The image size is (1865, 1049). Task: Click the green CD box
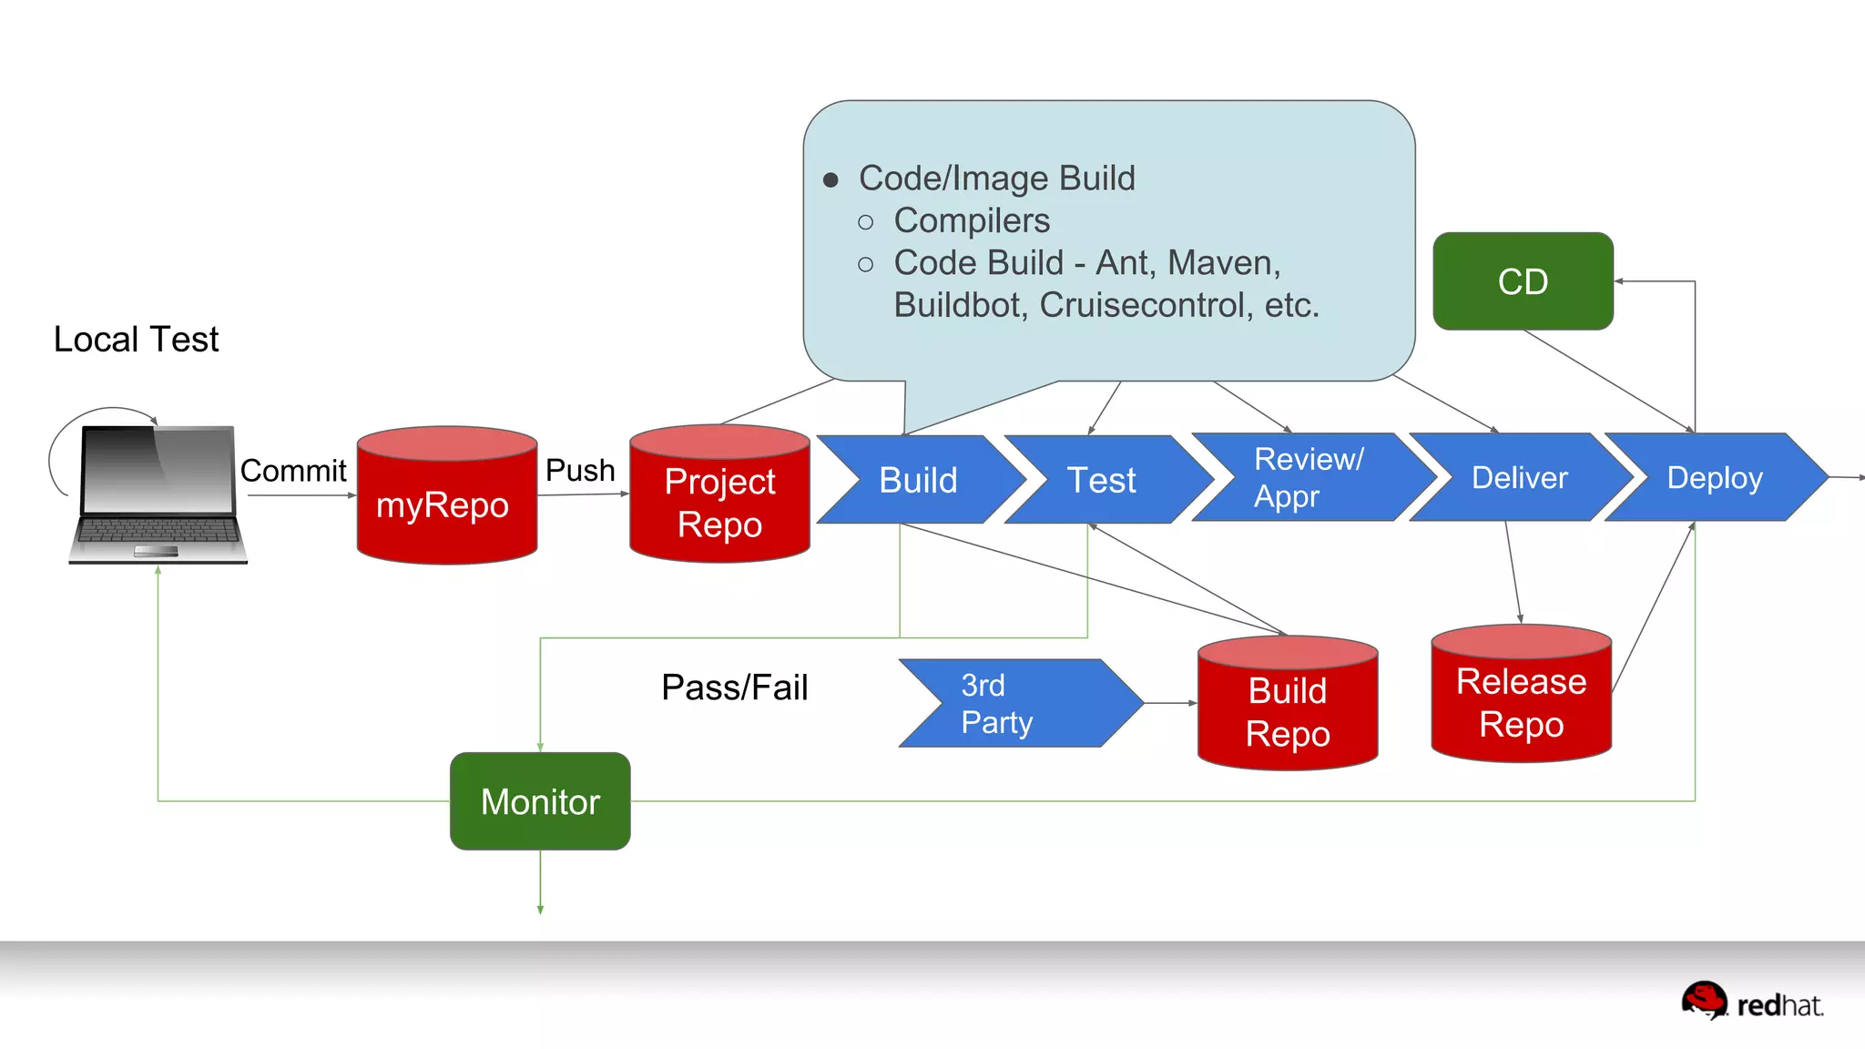[1523, 281]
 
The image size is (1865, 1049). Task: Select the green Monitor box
[540, 801]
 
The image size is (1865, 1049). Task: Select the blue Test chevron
[1103, 480]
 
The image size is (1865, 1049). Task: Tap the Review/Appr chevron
[1308, 478]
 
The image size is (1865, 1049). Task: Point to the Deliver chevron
[1519, 478]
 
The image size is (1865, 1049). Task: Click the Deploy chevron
[1714, 478]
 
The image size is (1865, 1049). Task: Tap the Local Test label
[136, 340]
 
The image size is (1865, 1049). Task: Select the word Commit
[293, 471]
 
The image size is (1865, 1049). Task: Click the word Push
[580, 471]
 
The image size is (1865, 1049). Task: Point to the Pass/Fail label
[734, 687]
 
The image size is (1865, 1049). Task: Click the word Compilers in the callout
[972, 221]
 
